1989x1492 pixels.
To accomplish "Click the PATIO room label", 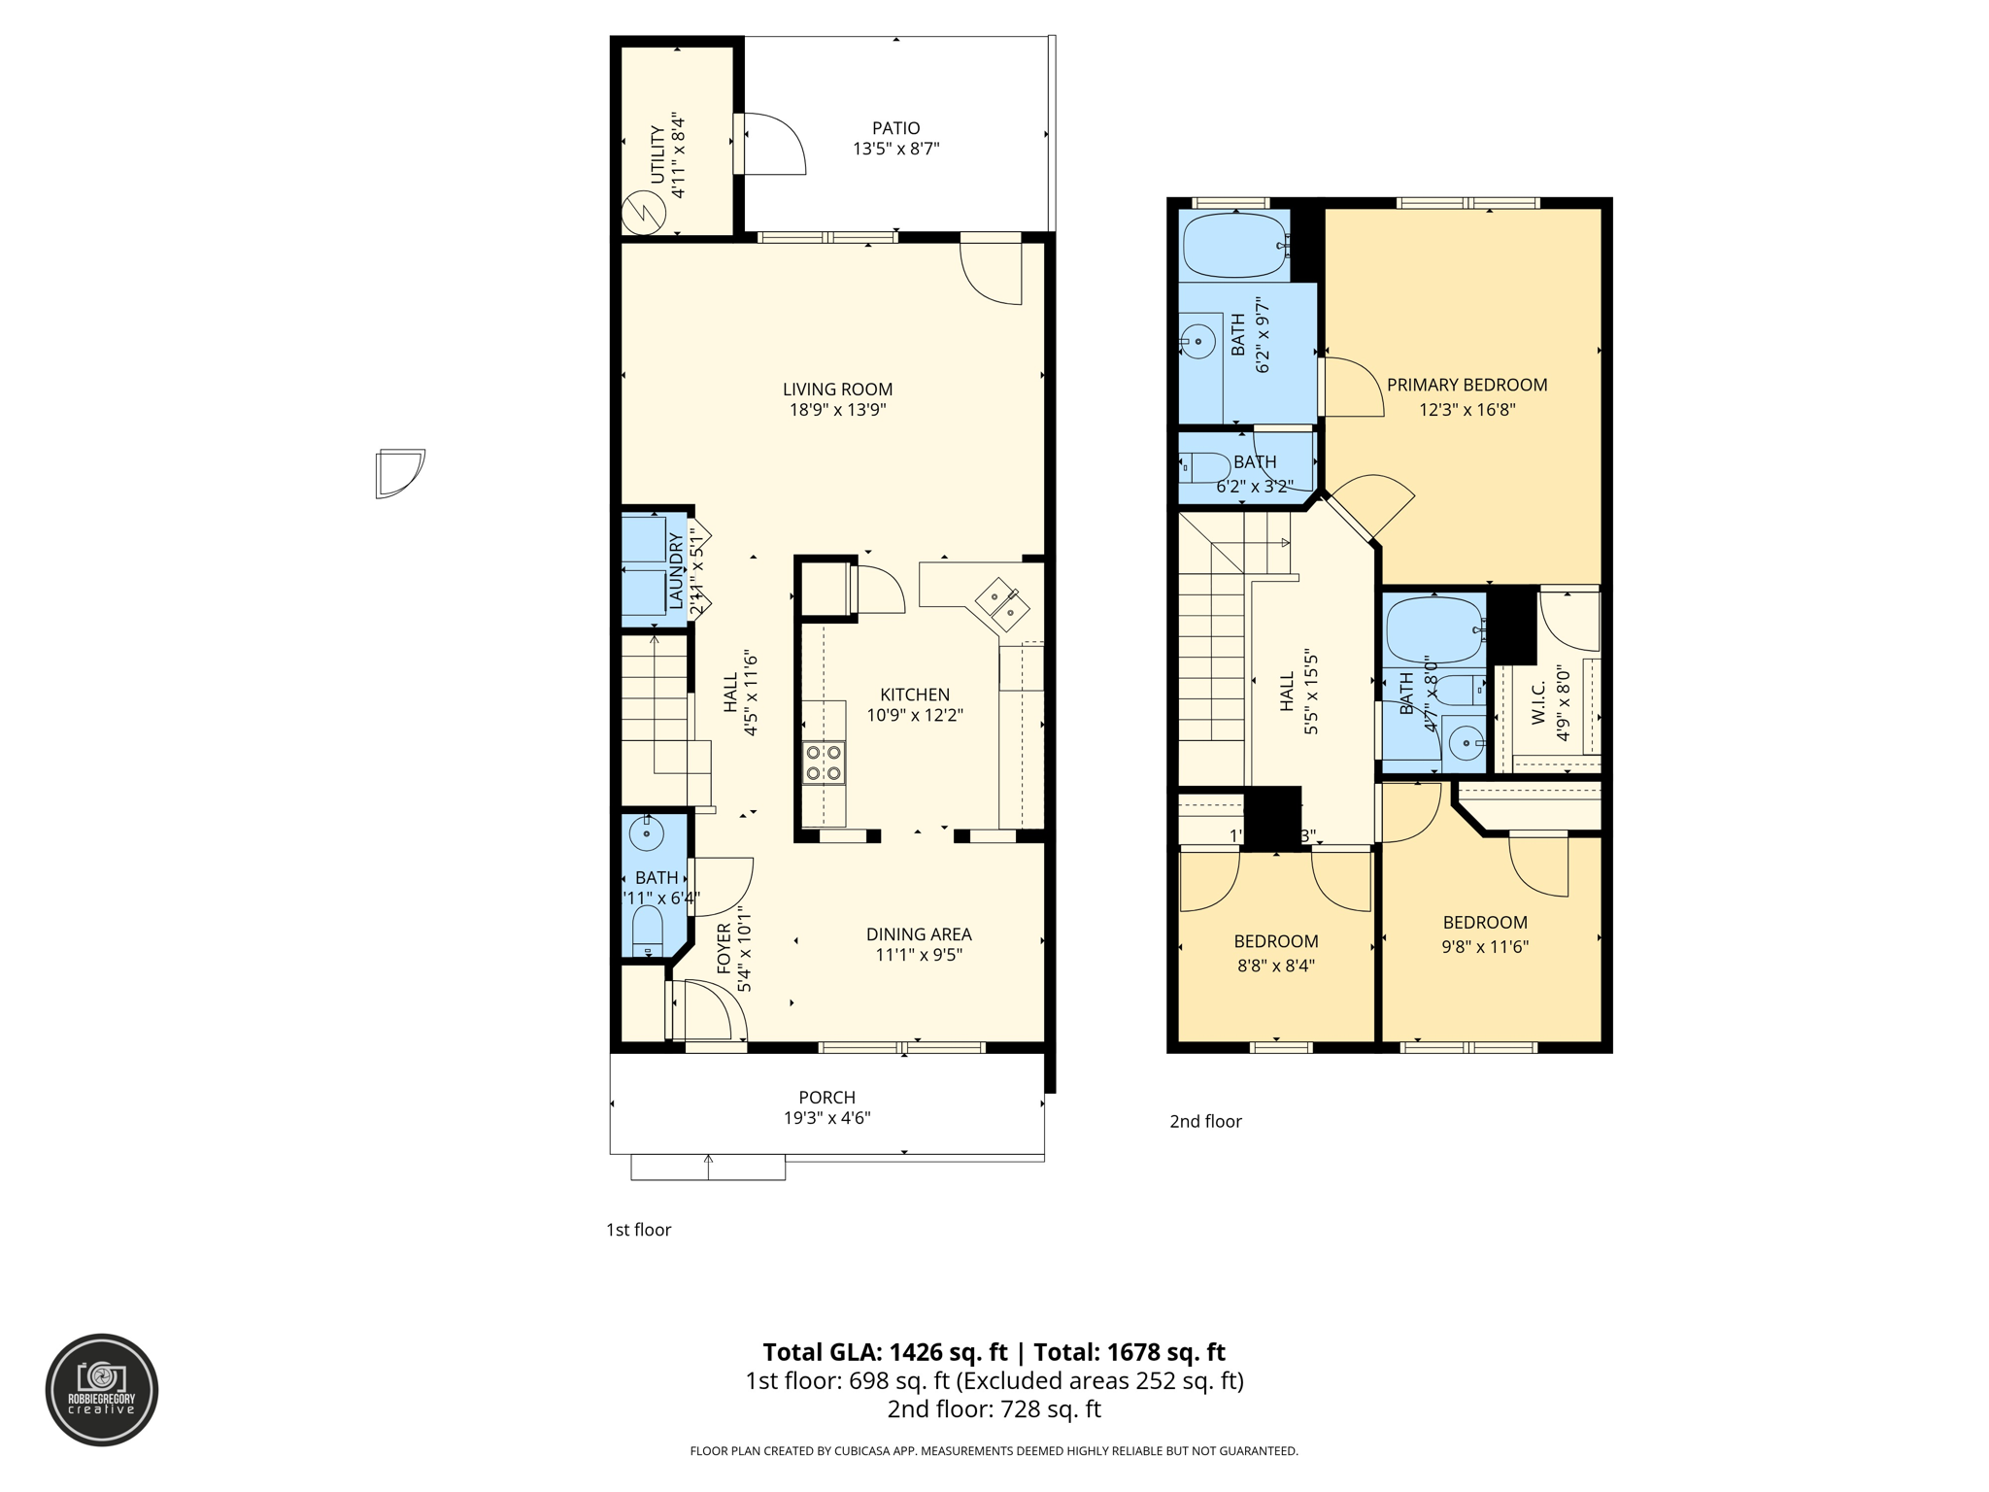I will pyautogui.click(x=895, y=128).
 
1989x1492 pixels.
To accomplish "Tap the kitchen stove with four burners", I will pyautogui.click(x=824, y=763).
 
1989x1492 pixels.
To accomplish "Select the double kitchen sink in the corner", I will pyautogui.click(x=1002, y=603).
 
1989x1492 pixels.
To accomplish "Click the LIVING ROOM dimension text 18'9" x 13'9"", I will pyautogui.click(x=837, y=410).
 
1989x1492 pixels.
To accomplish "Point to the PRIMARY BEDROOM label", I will pyautogui.click(x=1466, y=385).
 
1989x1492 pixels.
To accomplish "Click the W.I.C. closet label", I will pyautogui.click(x=1538, y=702).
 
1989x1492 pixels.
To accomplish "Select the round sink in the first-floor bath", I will pyautogui.click(x=646, y=833).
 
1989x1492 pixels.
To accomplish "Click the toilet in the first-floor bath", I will pyautogui.click(x=647, y=929).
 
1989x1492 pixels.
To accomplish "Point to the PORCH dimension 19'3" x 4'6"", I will pyautogui.click(x=826, y=1118).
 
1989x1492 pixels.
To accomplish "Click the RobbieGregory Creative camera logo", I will pyautogui.click(x=102, y=1389).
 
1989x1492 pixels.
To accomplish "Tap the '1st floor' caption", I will pyautogui.click(x=638, y=1230).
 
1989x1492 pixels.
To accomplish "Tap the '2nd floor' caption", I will pyautogui.click(x=1205, y=1121).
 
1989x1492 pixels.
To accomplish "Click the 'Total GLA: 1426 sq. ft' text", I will pyautogui.click(x=885, y=1352).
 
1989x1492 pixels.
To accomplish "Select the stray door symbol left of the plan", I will pyautogui.click(x=399, y=473).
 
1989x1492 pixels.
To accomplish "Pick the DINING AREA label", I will pyautogui.click(x=919, y=934).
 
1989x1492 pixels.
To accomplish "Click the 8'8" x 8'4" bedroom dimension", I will pyautogui.click(x=1275, y=966).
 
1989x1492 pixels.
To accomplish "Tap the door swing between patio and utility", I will pyautogui.click(x=772, y=144).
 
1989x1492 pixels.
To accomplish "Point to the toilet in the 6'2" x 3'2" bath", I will pyautogui.click(x=1204, y=468).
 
